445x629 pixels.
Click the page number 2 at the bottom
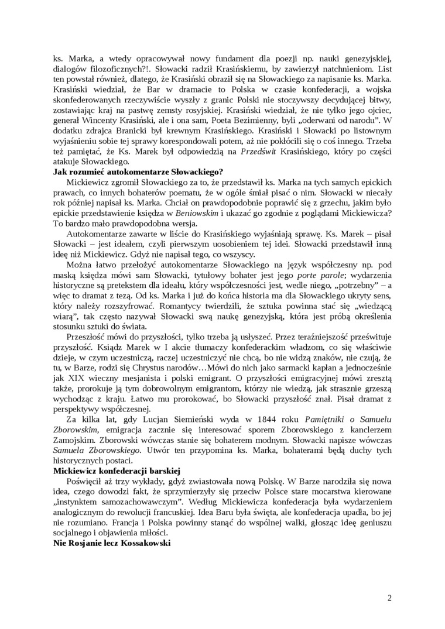coord(389,597)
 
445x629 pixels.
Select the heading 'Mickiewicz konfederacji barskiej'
coord(117,470)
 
